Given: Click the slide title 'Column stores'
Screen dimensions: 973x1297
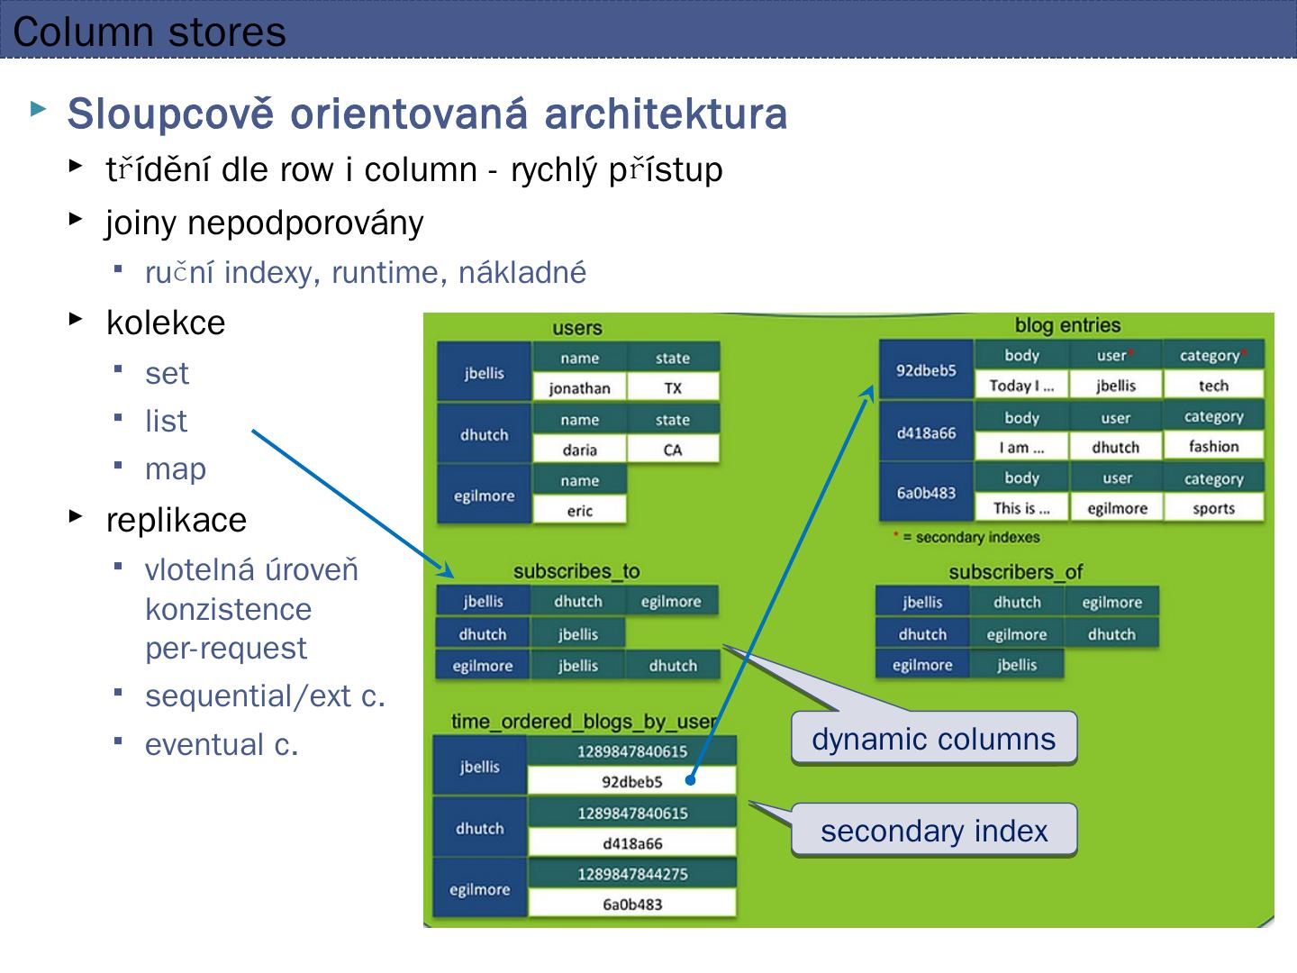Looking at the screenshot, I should coord(150,32).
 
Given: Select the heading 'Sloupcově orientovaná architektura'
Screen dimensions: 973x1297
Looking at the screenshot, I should coord(427,114).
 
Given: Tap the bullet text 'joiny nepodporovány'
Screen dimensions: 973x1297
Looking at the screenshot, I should coord(264,222).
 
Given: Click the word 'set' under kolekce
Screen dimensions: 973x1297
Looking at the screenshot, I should coord(167,373).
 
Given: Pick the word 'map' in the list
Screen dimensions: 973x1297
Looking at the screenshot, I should coord(176,468).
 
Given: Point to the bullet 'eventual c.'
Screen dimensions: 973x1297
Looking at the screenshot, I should coord(221,744).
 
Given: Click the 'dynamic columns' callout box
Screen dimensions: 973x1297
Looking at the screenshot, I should coord(933,739).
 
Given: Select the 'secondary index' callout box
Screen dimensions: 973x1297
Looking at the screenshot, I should coord(934,831).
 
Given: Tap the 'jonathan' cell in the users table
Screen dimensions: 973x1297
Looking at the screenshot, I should coord(579,388).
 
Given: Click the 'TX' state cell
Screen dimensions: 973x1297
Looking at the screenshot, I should coord(673,388).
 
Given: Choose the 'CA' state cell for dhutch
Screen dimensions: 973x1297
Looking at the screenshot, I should coord(673,450).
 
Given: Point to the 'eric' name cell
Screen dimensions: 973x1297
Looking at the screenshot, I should coord(579,511).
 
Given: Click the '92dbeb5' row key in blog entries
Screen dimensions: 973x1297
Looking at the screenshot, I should coord(926,370).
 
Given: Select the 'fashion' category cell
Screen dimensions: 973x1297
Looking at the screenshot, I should coord(1213,446).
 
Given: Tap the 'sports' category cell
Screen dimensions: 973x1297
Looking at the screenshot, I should coord(1213,508).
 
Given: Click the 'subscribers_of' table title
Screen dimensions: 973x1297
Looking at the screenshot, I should coord(1015,572).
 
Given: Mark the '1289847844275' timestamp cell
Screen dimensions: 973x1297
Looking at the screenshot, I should coord(632,874).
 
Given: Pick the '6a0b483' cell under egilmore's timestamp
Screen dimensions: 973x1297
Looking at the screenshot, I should coord(632,904).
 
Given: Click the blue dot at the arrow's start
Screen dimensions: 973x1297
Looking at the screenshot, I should coord(690,780).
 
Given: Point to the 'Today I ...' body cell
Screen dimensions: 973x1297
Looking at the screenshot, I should coord(1021,386).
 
